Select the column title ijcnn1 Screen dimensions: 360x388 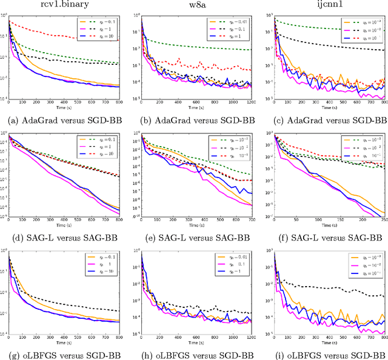327,5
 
